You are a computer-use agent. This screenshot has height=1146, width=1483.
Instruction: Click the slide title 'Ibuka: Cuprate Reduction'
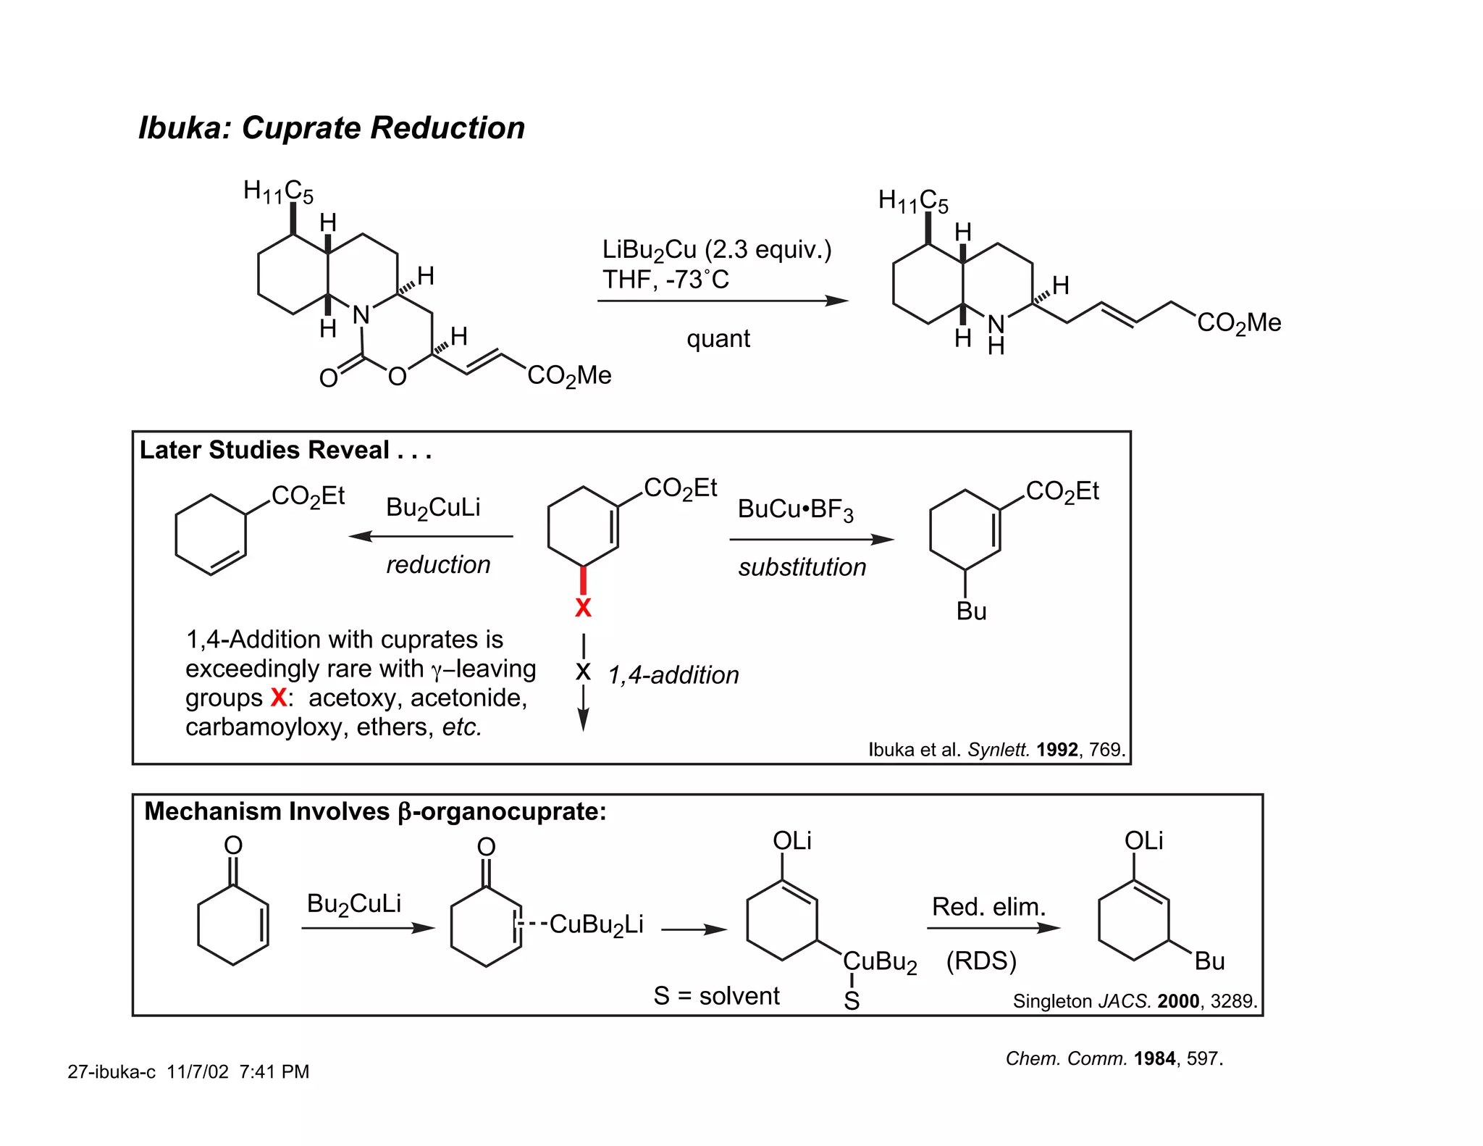coord(332,128)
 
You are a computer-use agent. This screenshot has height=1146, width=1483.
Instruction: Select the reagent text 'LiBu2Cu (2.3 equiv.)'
coord(716,250)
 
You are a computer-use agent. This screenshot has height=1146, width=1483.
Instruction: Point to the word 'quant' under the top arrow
coord(718,338)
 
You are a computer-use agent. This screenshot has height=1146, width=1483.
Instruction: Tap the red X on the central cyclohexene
coord(583,608)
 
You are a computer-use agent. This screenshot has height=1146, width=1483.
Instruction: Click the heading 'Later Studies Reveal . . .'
coord(285,450)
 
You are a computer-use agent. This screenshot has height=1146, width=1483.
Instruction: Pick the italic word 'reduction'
coord(438,564)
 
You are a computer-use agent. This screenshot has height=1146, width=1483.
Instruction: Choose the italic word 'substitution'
coord(802,567)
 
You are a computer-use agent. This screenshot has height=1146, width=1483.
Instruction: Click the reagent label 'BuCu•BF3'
coord(795,509)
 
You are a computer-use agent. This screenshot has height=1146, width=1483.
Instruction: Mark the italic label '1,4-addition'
coord(673,675)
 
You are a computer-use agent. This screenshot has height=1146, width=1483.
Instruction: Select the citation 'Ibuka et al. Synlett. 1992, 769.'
coord(996,749)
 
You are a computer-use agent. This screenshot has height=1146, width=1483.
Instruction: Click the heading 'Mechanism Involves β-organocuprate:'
coord(375,811)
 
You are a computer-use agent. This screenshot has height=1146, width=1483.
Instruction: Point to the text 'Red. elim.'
coord(988,906)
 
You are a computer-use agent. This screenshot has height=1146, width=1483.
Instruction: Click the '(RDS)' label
coord(981,961)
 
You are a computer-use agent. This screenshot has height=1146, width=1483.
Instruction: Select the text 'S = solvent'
coord(716,996)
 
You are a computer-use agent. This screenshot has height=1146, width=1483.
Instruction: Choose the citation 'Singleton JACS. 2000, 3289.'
coord(1135,1001)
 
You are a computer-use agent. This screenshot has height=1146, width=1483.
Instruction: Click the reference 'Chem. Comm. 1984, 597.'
coord(1114,1058)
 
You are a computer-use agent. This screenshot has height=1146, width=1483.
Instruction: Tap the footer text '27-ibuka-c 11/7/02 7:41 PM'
coord(188,1071)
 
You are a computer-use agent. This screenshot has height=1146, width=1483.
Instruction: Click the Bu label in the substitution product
coord(971,611)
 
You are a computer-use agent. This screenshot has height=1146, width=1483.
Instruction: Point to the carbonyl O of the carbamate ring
coord(328,378)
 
